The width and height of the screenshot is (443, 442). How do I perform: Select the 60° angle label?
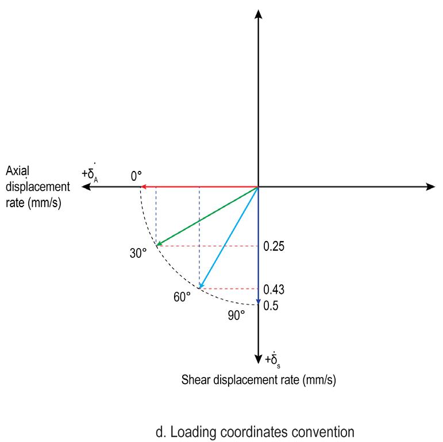point(182,297)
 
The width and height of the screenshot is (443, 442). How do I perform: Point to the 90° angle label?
point(236,315)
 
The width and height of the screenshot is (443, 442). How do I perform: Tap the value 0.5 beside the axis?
point(271,306)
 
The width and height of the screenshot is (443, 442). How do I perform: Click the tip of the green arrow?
point(156,245)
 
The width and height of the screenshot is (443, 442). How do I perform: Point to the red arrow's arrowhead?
point(144,186)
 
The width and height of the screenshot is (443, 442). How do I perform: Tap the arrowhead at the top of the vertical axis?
point(259,13)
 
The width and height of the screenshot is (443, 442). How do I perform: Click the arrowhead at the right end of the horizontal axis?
point(431,186)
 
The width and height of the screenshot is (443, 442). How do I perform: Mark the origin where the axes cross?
point(259,186)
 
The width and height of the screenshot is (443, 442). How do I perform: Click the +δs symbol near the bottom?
point(274,360)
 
